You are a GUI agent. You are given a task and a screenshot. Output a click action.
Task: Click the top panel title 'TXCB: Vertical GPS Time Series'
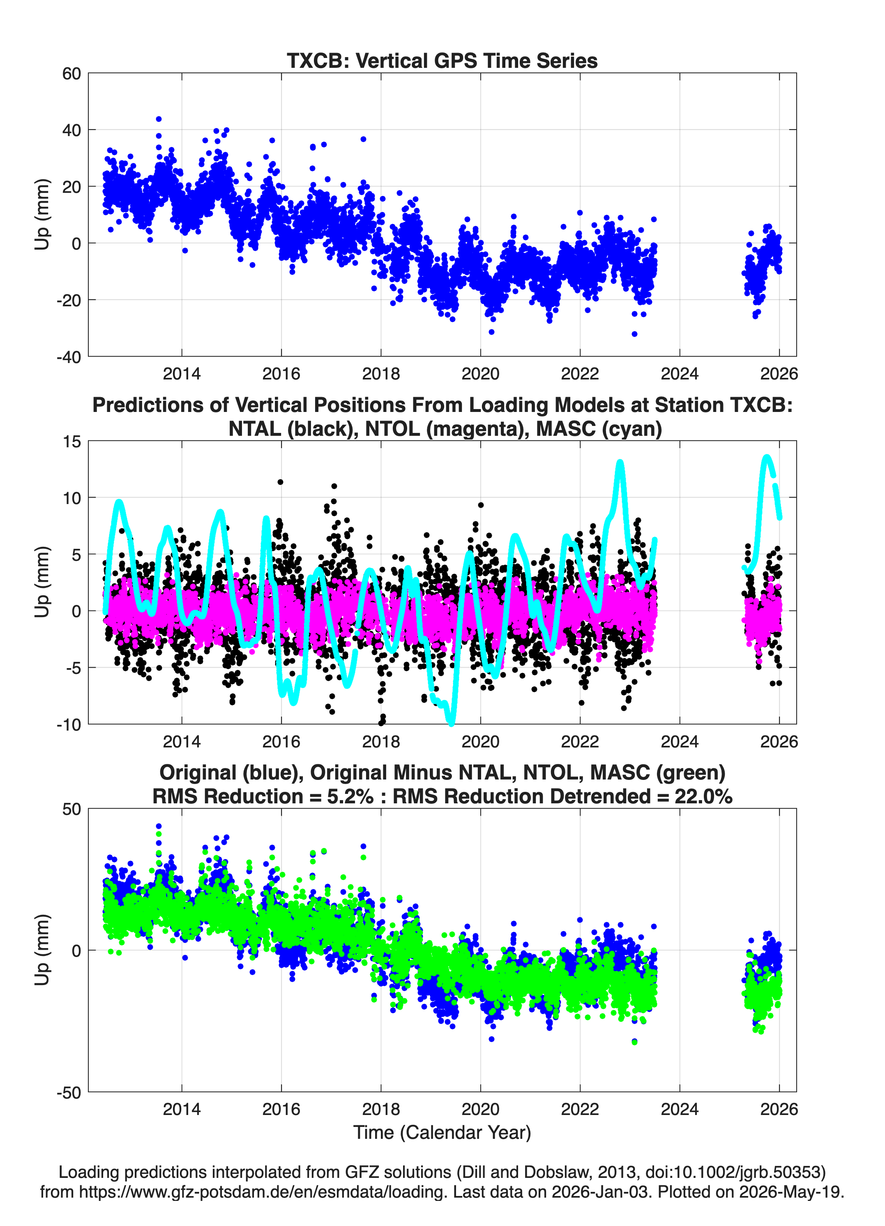[442, 60]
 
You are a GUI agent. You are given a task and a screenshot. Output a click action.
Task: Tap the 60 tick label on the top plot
[71, 74]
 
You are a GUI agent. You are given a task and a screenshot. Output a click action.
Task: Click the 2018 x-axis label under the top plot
[381, 374]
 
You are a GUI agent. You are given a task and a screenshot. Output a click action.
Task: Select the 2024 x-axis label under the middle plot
[680, 741]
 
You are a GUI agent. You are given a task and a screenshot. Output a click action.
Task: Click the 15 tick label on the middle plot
[71, 442]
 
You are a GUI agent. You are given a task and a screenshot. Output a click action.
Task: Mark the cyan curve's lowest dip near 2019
[452, 722]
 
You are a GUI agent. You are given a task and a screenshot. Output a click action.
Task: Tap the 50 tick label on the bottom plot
[71, 809]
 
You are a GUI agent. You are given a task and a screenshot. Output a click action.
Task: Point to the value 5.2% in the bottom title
[350, 796]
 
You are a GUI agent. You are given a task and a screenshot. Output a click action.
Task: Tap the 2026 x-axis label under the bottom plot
[779, 1109]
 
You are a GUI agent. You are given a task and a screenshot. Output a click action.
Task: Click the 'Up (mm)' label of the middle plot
[42, 582]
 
